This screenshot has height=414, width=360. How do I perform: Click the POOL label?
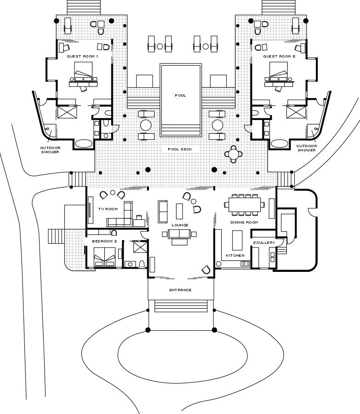[180, 95]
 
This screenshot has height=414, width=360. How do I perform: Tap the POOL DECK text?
[180, 149]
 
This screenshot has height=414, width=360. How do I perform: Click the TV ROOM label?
[108, 209]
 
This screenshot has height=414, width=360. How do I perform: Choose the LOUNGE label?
[180, 225]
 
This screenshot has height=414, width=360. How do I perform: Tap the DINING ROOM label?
[244, 222]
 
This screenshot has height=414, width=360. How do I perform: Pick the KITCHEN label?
[235, 255]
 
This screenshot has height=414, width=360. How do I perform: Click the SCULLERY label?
[264, 242]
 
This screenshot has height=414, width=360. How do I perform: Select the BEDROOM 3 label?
[104, 241]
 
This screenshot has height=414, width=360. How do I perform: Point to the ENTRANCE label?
[180, 290]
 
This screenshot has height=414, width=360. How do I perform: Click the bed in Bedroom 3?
[104, 256]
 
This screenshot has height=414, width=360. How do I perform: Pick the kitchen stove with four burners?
[246, 264]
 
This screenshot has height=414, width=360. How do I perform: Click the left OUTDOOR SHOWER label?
[50, 149]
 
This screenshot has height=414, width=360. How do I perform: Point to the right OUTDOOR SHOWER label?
[306, 148]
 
